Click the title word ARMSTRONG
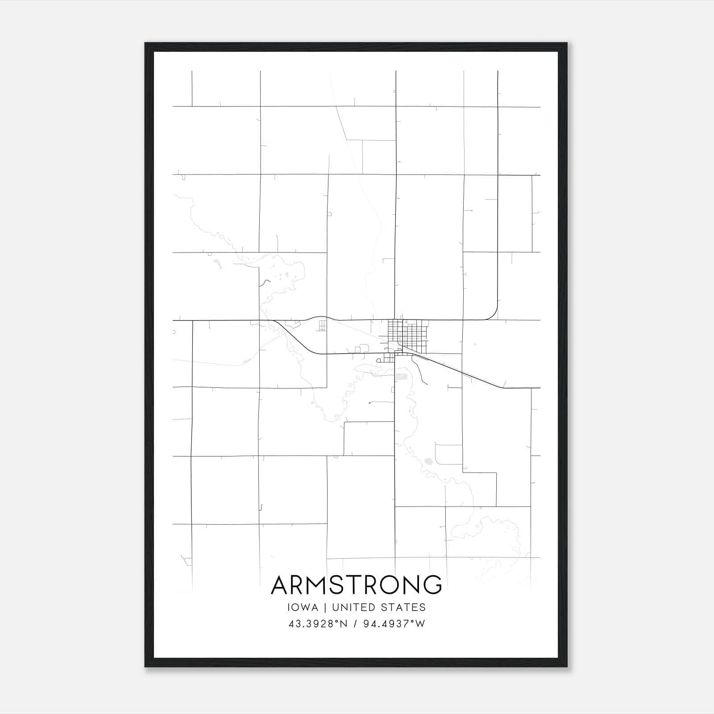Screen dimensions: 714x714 pos(356,585)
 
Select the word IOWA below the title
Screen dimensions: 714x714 pos(303,607)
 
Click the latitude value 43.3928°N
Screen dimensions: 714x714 pos(318,624)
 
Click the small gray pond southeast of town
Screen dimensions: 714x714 pos(428,461)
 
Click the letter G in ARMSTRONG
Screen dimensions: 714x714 pos(432,585)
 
